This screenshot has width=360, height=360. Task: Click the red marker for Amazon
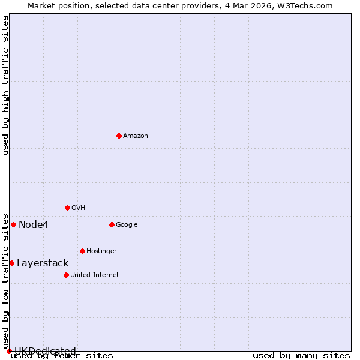pos(119,136)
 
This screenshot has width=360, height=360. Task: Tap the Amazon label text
pos(136,136)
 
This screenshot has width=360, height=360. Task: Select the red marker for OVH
pos(67,208)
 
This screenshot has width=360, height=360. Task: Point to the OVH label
pos(78,208)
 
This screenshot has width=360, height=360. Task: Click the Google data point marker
pos(112,224)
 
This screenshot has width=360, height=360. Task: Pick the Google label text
pos(127,225)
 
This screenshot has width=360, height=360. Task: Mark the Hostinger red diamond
pos(82,251)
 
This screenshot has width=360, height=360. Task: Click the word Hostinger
pos(101,251)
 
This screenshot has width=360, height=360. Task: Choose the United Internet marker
pos(66,275)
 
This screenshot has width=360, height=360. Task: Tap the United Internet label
pos(94,275)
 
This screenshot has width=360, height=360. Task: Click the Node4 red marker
pos(13,224)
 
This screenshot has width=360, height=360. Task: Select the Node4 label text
pos(34,225)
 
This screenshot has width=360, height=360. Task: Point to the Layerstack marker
pos(11,263)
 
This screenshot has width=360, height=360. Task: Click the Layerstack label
pos(43,263)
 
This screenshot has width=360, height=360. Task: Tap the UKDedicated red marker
pos(9,351)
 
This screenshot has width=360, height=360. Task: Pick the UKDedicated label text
pos(45,351)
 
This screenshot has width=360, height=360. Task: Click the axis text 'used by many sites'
pos(301,356)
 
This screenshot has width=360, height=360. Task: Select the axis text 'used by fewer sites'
pos(62,356)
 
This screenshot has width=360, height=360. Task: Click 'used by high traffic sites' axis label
pos(6,85)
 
